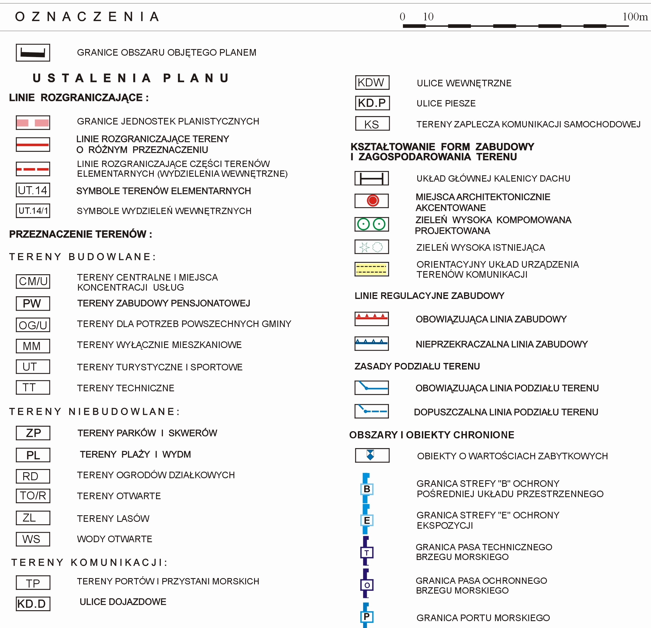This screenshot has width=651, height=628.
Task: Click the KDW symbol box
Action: point(372,82)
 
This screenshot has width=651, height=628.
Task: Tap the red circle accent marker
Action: point(373,200)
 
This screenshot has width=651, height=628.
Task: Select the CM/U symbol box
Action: point(33,281)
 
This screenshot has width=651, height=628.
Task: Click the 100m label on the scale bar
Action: point(635,17)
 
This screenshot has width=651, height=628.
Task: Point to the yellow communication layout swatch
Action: point(371,269)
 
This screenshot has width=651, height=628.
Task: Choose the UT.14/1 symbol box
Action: point(33,211)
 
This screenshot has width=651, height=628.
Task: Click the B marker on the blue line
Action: point(367,489)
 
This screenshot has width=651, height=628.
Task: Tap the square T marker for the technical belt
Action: point(367,553)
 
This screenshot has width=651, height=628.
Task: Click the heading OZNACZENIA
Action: point(87,17)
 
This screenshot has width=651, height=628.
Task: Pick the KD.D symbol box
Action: point(33,604)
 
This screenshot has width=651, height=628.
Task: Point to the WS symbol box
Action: point(33,539)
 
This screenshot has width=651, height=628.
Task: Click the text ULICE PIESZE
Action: point(446,103)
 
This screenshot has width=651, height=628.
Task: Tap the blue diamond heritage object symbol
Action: point(370,455)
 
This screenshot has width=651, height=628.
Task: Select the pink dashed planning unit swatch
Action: point(33,123)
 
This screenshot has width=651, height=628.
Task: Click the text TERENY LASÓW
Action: point(113,518)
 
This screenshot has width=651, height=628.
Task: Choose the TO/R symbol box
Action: point(33,495)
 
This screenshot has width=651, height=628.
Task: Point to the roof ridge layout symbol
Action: point(371,178)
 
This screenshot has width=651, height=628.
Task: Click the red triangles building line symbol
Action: point(371,319)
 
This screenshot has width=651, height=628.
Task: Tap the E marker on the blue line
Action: point(367,520)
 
